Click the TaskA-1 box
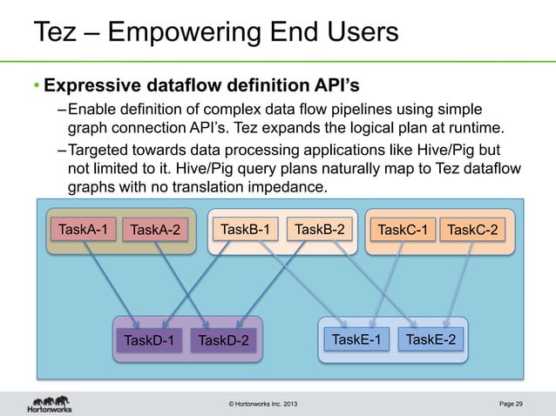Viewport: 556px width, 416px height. (83, 230)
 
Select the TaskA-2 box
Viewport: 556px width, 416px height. (154, 231)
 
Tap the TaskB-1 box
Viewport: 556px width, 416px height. (245, 230)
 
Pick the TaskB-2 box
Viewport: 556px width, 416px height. (319, 230)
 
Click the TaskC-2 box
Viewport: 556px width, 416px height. (473, 231)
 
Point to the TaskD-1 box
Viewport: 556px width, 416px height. (149, 339)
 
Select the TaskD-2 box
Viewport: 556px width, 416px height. (223, 339)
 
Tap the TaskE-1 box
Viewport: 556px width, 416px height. (356, 339)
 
